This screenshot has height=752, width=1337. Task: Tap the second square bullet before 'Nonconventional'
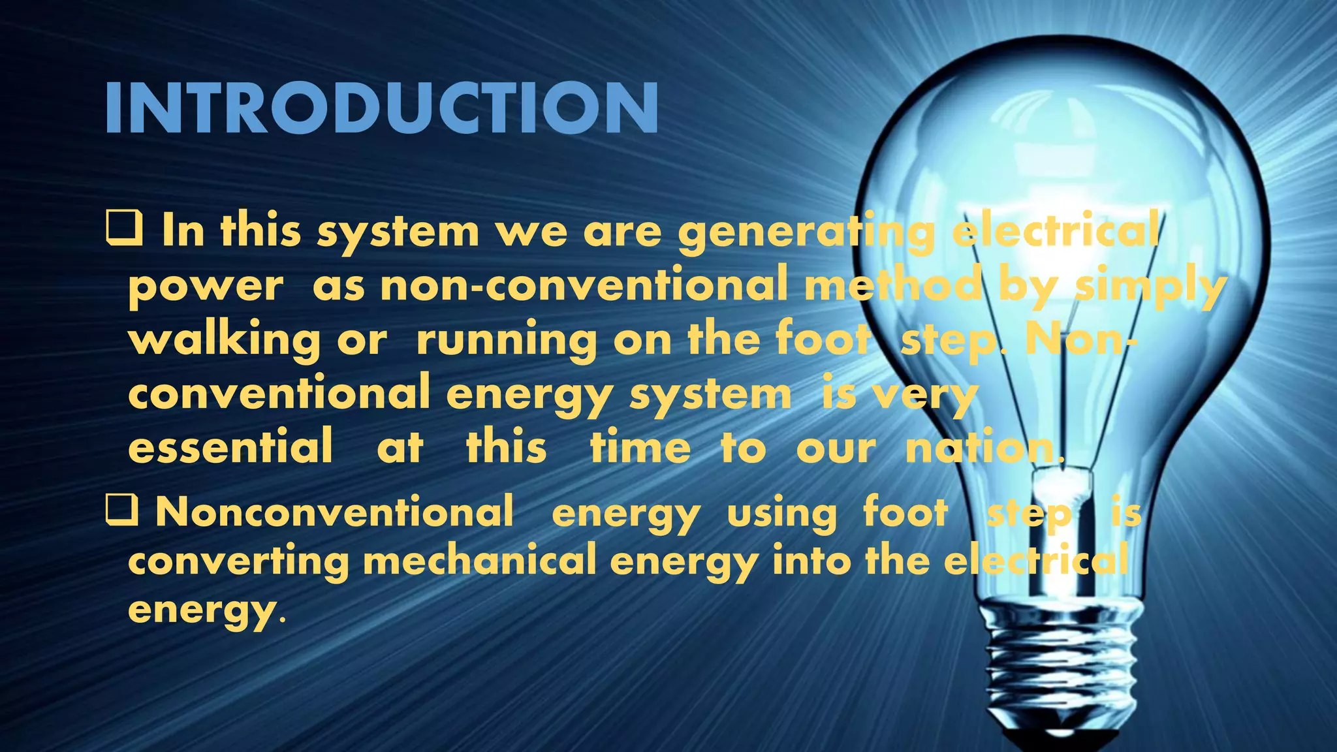(x=122, y=510)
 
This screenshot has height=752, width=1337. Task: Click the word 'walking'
(x=224, y=341)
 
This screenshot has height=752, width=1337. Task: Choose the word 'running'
(x=506, y=341)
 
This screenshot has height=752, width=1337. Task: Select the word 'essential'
(x=230, y=448)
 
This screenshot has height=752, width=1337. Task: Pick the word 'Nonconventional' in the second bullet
(x=335, y=511)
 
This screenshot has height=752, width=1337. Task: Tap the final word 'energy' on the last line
(x=202, y=610)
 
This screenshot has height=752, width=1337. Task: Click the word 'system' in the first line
(x=398, y=232)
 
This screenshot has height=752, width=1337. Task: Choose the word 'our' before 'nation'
(x=836, y=449)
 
